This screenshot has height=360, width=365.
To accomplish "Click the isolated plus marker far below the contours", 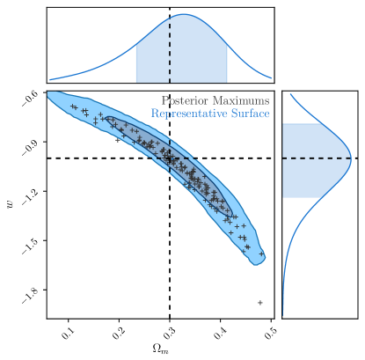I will (260, 303).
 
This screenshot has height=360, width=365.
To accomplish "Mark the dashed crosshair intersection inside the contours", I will (170, 158).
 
